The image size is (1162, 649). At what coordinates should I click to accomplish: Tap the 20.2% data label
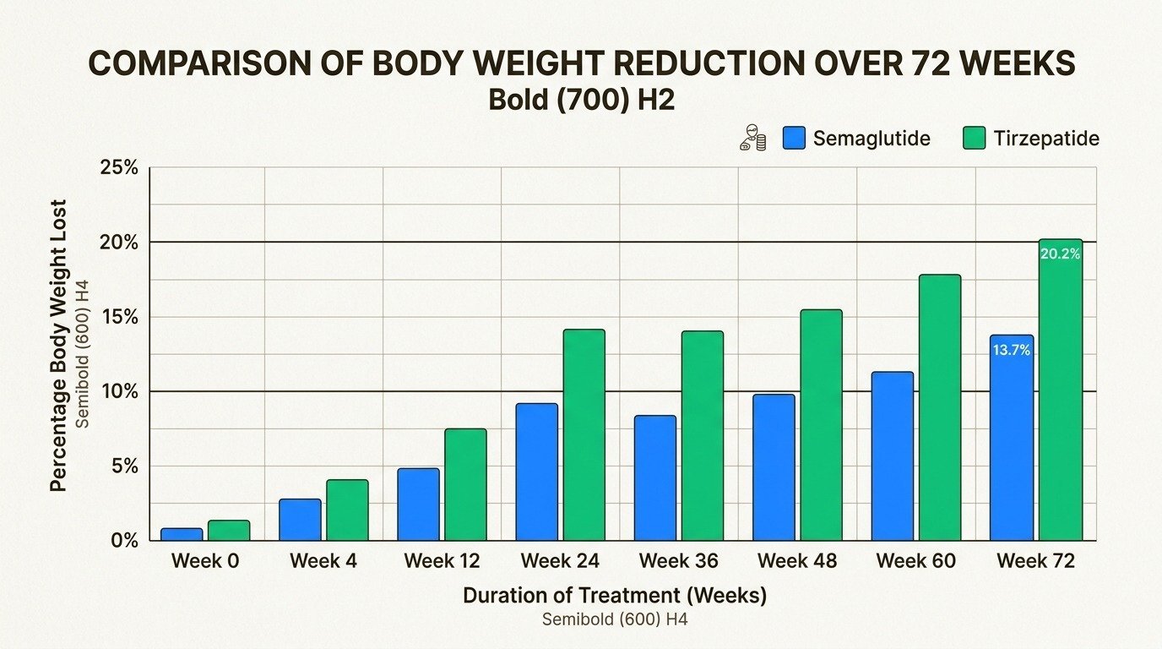point(1060,253)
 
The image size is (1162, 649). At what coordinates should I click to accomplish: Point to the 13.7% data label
point(1011,350)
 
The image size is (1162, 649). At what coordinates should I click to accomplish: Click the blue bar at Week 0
point(182,534)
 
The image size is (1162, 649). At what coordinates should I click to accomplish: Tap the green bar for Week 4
point(347,510)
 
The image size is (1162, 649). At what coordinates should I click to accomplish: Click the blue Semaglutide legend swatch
point(795,139)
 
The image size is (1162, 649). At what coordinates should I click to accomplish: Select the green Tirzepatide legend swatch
point(975,139)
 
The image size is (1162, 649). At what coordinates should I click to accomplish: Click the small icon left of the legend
point(752,138)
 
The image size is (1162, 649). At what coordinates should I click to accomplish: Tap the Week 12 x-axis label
point(442,561)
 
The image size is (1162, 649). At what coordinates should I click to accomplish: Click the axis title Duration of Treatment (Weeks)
point(614,596)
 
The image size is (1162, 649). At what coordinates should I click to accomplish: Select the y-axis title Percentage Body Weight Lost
point(58,346)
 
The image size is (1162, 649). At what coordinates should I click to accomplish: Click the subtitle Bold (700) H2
point(581,100)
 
